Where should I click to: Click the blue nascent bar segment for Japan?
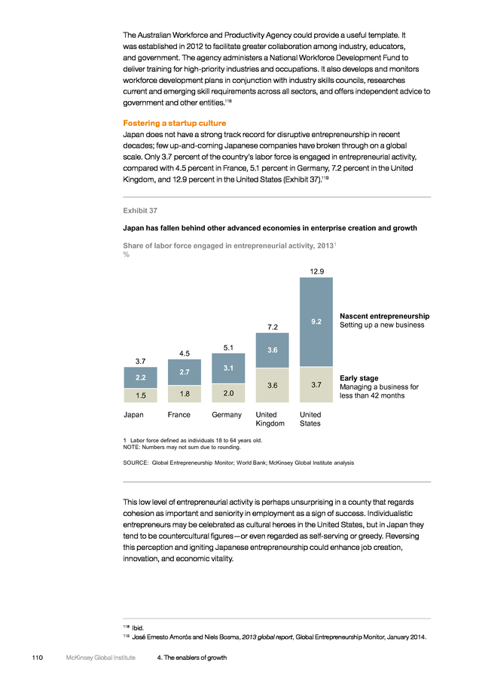[x=141, y=377]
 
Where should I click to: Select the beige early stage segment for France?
[x=185, y=394]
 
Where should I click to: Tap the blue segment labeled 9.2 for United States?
[x=316, y=322]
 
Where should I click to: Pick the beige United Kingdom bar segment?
[x=273, y=385]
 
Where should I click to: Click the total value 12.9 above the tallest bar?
[x=317, y=271]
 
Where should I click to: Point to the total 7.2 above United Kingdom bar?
[x=273, y=327]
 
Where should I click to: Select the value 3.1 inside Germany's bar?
[x=228, y=368]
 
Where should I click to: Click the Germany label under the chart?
[x=227, y=414]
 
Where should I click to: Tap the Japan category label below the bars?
[x=133, y=414]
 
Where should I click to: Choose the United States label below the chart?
[x=310, y=419]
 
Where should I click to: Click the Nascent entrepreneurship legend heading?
[x=385, y=316]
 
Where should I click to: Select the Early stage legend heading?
[x=358, y=378]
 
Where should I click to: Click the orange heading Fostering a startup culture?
[x=175, y=124]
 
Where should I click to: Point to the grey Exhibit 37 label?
[x=140, y=211]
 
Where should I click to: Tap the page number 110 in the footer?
[x=38, y=658]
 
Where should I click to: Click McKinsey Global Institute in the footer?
[x=101, y=658]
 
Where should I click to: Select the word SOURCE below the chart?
[x=136, y=463]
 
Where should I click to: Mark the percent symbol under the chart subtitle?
[x=127, y=255]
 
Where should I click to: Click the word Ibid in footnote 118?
[x=138, y=628]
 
